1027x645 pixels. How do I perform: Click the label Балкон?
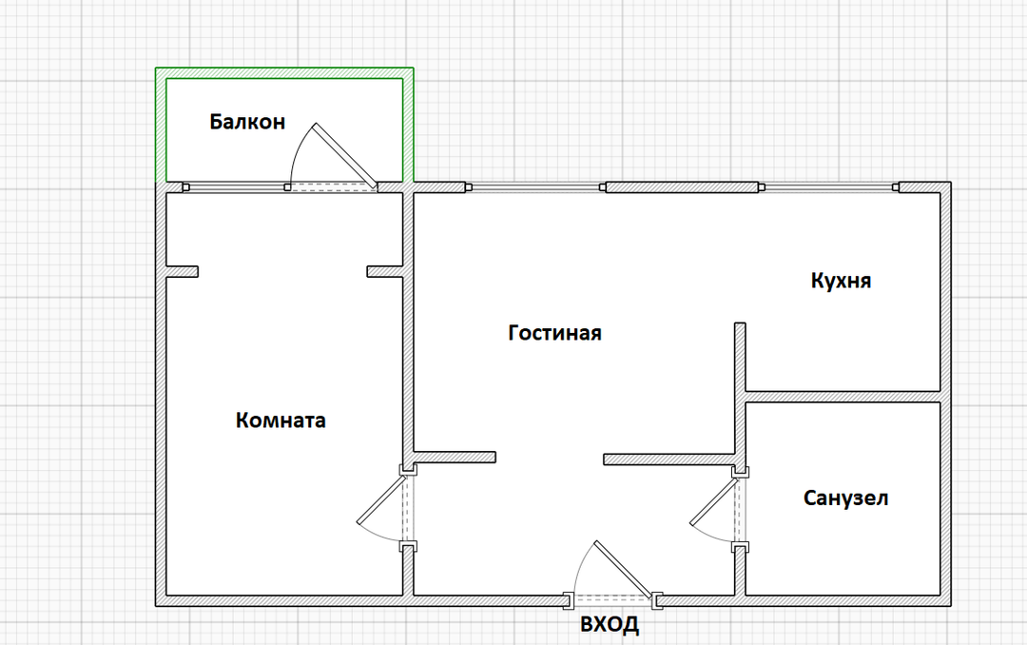(247, 122)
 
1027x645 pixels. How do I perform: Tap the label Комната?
(281, 420)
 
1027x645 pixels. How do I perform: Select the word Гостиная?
(554, 333)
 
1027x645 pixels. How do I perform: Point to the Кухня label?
(841, 281)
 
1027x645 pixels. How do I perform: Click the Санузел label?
(845, 498)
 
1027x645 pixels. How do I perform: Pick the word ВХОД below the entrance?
(610, 623)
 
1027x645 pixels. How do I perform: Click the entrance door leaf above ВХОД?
(625, 570)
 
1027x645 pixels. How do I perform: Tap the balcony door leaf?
(344, 155)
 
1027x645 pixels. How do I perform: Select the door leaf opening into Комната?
(382, 499)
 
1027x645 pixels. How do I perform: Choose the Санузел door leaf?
(715, 501)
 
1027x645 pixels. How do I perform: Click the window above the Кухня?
(828, 187)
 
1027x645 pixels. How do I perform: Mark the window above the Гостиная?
(535, 187)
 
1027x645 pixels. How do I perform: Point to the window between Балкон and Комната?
(237, 187)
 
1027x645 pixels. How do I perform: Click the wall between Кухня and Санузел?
(843, 397)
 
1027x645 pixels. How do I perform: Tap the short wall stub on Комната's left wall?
(182, 271)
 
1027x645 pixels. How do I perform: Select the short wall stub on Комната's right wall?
(384, 271)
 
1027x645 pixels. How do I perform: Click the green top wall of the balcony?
(284, 72)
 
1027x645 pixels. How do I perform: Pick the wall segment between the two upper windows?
(682, 187)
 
